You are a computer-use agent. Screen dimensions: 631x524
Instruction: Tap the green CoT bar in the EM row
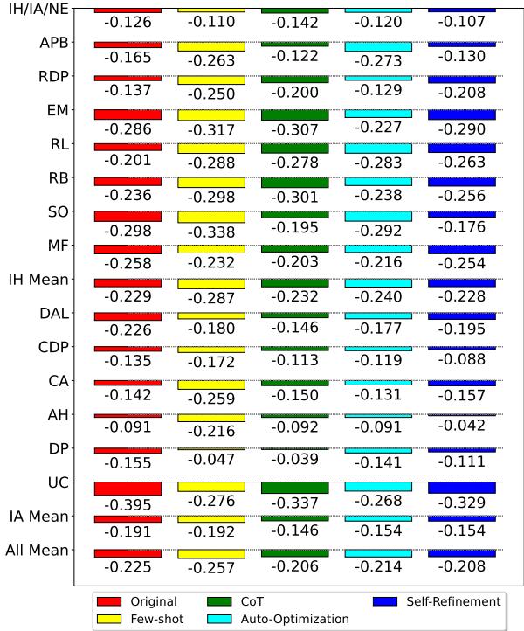pos(294,114)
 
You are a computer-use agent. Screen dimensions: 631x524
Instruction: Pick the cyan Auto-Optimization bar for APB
pos(378,46)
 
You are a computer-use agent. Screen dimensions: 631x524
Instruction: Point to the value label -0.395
pos(128,506)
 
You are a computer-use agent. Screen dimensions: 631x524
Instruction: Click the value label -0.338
pos(211,233)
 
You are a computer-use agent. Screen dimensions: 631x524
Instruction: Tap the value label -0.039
pos(294,458)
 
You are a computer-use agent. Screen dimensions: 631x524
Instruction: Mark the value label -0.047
pos(211,458)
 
